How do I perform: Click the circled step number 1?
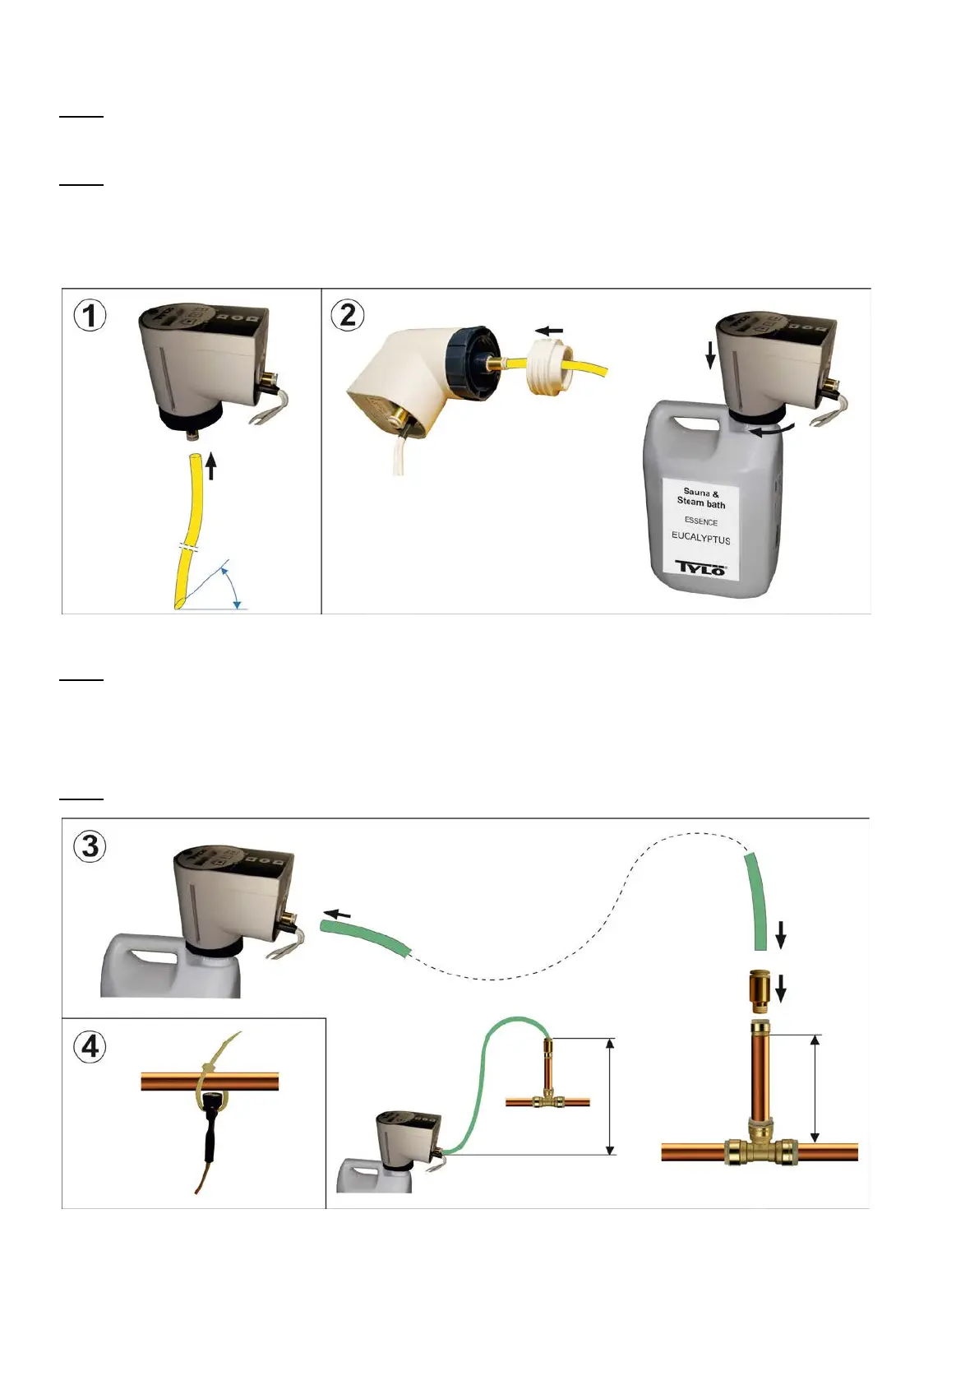click(90, 316)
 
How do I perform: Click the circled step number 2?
click(348, 316)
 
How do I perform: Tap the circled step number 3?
click(90, 846)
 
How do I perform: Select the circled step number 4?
click(90, 1047)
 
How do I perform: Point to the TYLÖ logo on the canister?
click(700, 567)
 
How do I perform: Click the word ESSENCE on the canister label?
click(700, 521)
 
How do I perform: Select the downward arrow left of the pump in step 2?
click(711, 355)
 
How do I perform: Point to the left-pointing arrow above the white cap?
click(549, 331)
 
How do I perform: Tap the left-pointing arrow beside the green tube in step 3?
click(336, 914)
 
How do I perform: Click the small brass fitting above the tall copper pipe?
click(758, 991)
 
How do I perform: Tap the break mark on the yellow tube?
click(189, 547)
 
